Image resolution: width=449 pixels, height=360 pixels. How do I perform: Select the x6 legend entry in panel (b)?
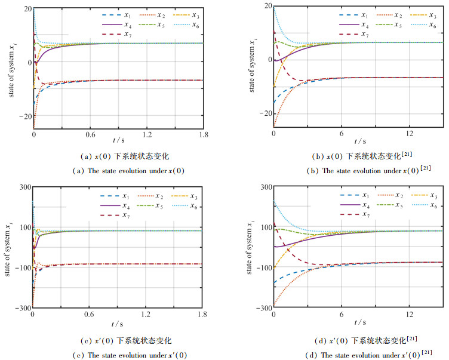(x=423, y=24)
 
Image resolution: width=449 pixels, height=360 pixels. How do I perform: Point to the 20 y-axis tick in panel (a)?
(x=27, y=8)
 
